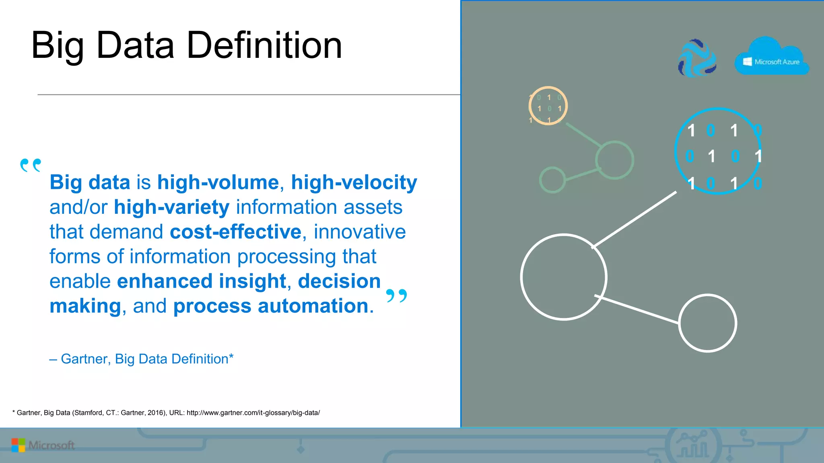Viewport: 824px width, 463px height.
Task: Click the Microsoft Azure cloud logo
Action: [x=771, y=58]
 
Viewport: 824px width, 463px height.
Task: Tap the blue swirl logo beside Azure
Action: [x=697, y=59]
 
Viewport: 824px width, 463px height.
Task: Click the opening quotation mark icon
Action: [x=31, y=165]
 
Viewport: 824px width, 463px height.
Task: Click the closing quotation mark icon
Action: [x=396, y=296]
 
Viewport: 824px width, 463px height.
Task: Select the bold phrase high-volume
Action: [x=218, y=182]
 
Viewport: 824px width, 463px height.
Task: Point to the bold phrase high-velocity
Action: [x=354, y=182]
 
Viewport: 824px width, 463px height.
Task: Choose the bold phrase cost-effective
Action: [x=235, y=232]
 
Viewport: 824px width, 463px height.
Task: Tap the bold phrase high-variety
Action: [x=171, y=207]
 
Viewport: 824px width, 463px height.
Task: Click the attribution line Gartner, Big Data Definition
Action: [x=141, y=359]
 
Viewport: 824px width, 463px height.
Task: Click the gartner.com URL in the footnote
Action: [x=253, y=413]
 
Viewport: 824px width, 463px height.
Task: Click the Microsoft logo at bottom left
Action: [x=43, y=445]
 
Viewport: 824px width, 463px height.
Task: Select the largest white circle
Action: [x=563, y=277]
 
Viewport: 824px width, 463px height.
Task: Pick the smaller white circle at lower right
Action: [x=707, y=323]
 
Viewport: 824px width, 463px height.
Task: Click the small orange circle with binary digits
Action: [x=548, y=106]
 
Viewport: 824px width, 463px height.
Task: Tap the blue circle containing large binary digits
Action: [x=718, y=151]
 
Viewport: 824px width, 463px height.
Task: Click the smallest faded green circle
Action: [x=552, y=180]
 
